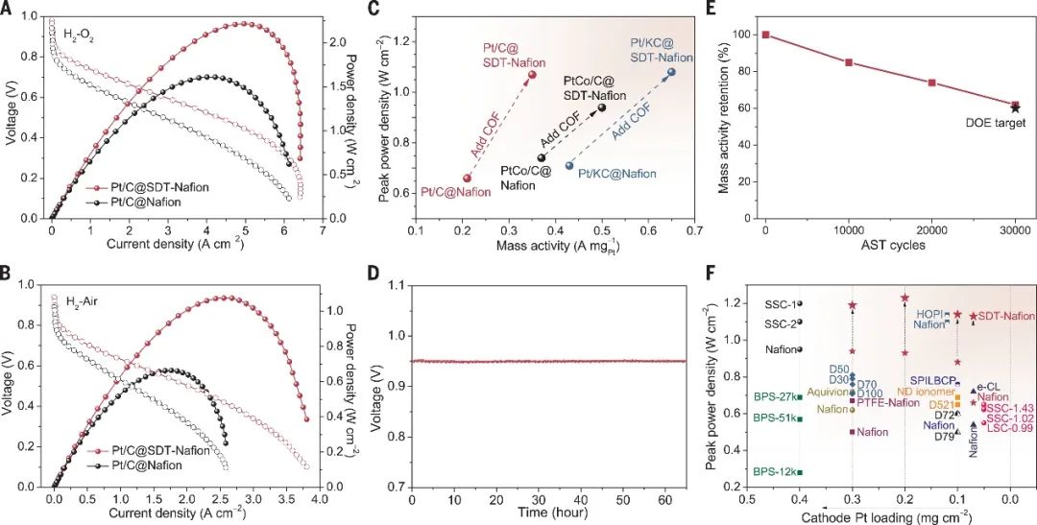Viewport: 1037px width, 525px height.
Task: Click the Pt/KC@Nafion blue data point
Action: click(569, 166)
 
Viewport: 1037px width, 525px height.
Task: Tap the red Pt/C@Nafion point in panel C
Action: click(468, 178)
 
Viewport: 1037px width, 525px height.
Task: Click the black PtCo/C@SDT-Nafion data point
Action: click(602, 107)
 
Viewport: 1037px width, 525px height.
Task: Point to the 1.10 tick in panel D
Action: click(393, 286)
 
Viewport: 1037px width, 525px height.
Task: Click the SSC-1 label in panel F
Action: click(780, 304)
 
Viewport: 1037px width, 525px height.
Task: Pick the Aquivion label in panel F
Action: click(827, 392)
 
